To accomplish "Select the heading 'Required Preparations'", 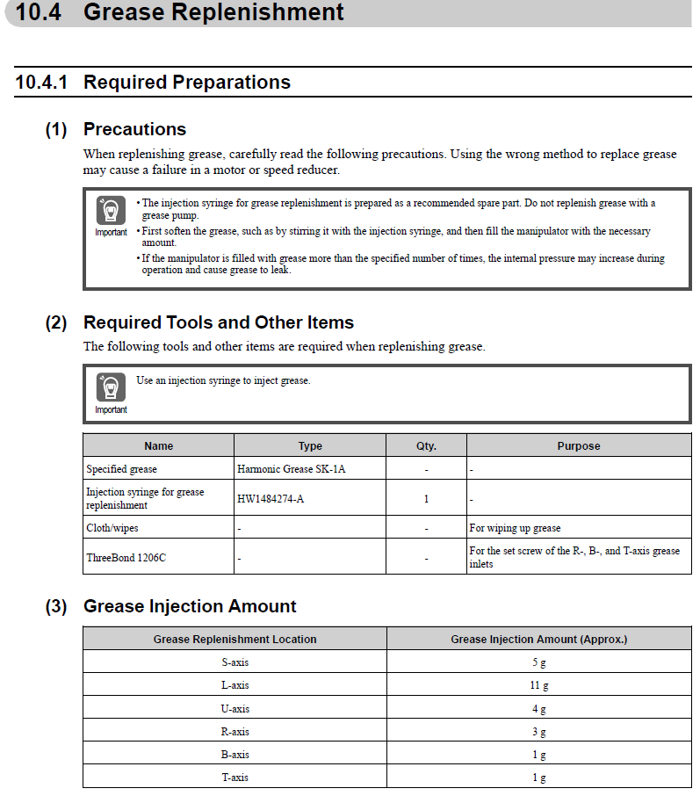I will [x=186, y=83].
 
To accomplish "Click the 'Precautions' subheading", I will [x=134, y=129].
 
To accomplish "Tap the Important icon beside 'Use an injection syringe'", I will [x=111, y=388].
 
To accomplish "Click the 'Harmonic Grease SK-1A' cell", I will [x=291, y=469].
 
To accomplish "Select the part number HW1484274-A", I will [x=271, y=499].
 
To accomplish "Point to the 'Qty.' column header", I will [x=426, y=446].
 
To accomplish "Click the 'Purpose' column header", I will [x=578, y=446].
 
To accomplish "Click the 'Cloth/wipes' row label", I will [x=112, y=528].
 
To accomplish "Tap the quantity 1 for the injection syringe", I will [x=426, y=499].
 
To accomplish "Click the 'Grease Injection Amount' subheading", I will [x=190, y=606].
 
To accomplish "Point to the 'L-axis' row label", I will [x=235, y=685].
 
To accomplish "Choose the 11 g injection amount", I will [x=538, y=685].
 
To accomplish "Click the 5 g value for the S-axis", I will [x=538, y=662].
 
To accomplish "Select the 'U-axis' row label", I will [x=235, y=708].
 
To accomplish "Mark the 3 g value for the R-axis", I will [x=538, y=732].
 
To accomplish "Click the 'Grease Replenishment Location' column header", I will [x=235, y=640].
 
